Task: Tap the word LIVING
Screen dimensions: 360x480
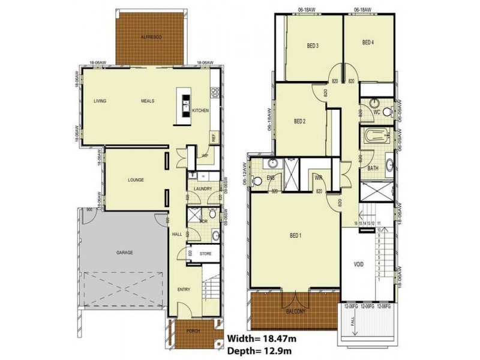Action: (x=100, y=101)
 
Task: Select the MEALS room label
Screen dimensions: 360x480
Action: (x=148, y=101)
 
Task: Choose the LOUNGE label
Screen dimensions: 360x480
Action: (x=135, y=180)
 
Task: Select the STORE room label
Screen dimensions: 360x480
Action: (x=205, y=254)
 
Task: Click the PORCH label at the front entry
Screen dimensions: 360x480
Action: (x=192, y=330)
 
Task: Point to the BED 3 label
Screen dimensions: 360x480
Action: (x=313, y=46)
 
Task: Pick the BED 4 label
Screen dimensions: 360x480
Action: (x=368, y=43)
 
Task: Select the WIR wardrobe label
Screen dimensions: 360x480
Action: (x=319, y=178)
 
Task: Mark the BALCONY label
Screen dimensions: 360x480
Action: (x=295, y=312)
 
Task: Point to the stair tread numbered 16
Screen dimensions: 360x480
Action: (x=356, y=223)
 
